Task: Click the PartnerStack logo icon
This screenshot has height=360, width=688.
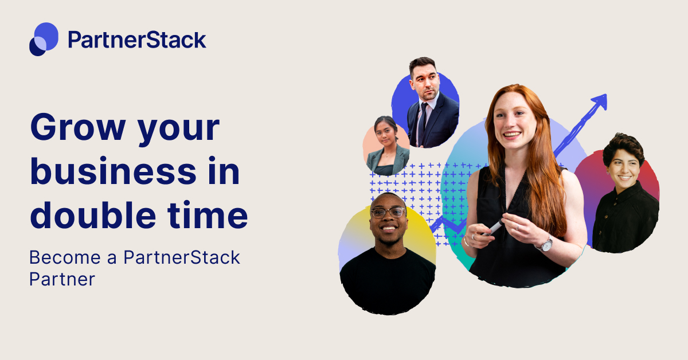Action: point(44,39)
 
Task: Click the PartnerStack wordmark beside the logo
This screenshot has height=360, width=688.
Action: point(136,40)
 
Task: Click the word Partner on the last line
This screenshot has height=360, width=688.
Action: point(61,279)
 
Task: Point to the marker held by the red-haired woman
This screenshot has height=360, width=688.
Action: point(492,229)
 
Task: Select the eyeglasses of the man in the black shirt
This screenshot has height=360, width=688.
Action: point(388,212)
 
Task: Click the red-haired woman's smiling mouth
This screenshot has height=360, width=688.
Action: point(512,135)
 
